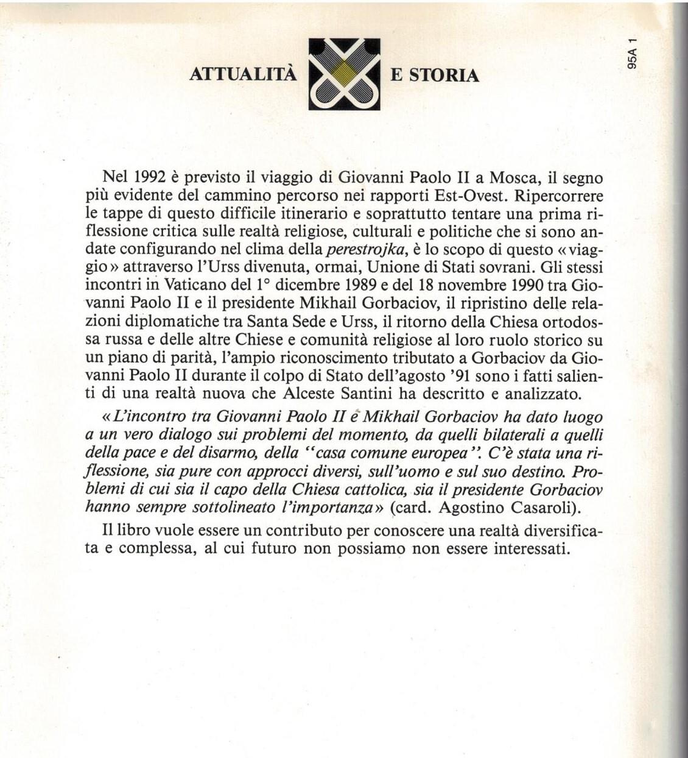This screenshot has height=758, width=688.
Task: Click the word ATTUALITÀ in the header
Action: pyautogui.click(x=244, y=75)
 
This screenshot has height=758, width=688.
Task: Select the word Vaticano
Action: pyautogui.click(x=186, y=285)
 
